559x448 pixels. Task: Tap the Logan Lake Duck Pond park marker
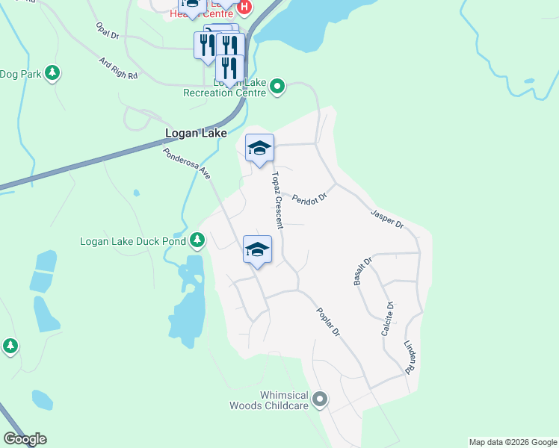coord(197,240)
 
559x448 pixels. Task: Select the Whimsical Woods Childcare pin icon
coord(320,399)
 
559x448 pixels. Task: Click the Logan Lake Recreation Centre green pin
coord(277,87)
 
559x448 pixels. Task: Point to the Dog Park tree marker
coord(52,73)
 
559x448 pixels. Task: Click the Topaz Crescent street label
coord(277,199)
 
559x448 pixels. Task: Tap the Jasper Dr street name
coord(387,219)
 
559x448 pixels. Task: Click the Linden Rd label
coord(409,358)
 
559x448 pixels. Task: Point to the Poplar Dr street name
coord(327,322)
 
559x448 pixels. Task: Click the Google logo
coord(25,439)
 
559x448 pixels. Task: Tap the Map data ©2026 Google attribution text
coord(513,442)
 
